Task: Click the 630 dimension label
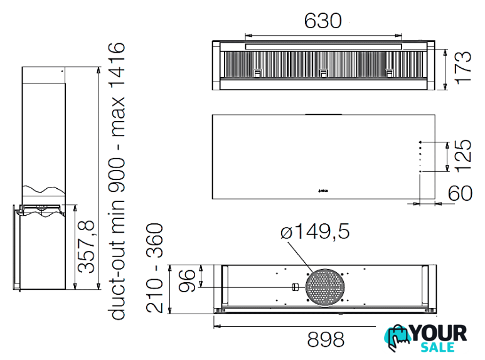pyautogui.click(x=322, y=21)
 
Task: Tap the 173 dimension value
pyautogui.click(x=463, y=68)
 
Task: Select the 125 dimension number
pyautogui.click(x=463, y=156)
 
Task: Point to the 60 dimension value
pyautogui.click(x=460, y=193)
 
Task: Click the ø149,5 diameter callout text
pyautogui.click(x=315, y=231)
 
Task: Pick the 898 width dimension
pyautogui.click(x=326, y=339)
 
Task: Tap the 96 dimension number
pyautogui.click(x=187, y=280)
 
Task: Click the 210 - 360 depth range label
pyautogui.click(x=154, y=268)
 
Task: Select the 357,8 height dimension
pyautogui.click(x=86, y=246)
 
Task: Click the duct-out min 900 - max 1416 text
pyautogui.click(x=117, y=181)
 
